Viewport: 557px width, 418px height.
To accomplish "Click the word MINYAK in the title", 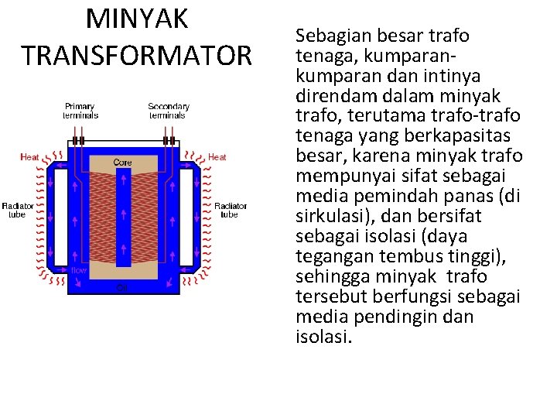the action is [137, 19].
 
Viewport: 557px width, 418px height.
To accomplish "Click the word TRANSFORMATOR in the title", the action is [137, 56].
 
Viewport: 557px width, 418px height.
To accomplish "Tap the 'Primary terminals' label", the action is [80, 111].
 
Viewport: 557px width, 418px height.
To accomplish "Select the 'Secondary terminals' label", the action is [169, 111].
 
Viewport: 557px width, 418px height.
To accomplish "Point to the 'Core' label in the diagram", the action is [122, 163].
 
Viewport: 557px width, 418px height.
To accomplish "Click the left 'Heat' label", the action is [29, 157].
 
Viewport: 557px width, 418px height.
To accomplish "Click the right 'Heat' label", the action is [217, 157].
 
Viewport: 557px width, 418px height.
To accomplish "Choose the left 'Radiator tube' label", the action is [17, 210].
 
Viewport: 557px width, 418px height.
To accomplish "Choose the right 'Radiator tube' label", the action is [230, 210].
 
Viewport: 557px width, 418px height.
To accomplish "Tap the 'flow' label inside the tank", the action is [79, 270].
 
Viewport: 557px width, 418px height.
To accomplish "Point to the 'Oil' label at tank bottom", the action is [121, 288].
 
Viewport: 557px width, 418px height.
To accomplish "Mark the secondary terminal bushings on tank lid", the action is [168, 142].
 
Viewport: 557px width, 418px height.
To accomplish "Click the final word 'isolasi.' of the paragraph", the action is [323, 337].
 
